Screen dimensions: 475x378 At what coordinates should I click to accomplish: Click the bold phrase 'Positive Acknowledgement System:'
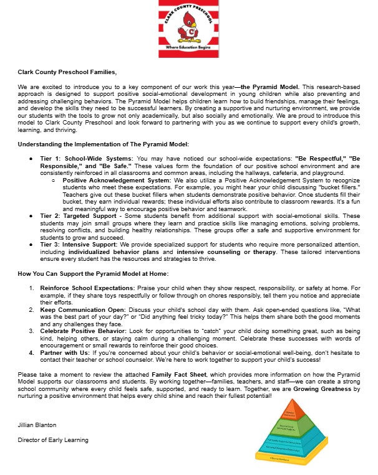point(109,179)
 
